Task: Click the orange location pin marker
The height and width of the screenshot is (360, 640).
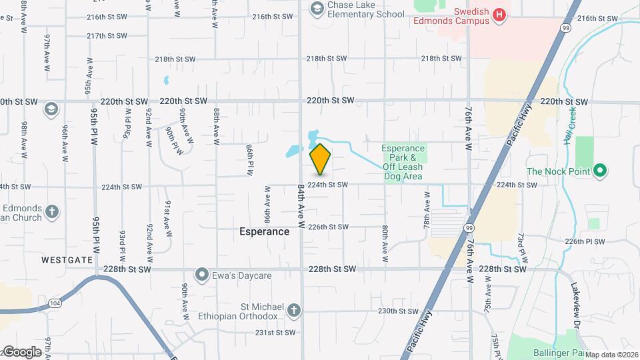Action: pyautogui.click(x=321, y=159)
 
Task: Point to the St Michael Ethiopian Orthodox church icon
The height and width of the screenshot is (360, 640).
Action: pyautogui.click(x=294, y=310)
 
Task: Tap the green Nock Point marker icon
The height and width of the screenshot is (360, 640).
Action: pyautogui.click(x=600, y=171)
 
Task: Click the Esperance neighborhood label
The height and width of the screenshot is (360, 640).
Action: pyautogui.click(x=265, y=232)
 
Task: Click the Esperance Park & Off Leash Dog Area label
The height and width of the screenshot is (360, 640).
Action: pyautogui.click(x=403, y=162)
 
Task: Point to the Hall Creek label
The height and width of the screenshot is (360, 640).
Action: pyautogui.click(x=571, y=119)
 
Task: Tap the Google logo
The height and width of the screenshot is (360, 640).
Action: pyautogui.click(x=23, y=351)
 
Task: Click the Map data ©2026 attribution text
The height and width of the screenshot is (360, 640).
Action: pyautogui.click(x=611, y=355)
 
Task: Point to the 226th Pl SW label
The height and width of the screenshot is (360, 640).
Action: pyautogui.click(x=585, y=241)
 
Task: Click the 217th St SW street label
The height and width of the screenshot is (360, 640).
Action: pyautogui.click(x=107, y=35)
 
